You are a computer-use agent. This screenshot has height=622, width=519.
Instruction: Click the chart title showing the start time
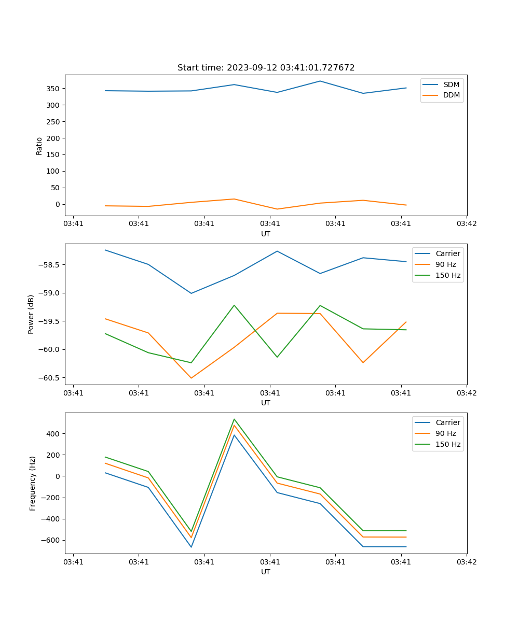[x=266, y=68]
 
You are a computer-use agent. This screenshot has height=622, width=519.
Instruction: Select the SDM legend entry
[x=451, y=84]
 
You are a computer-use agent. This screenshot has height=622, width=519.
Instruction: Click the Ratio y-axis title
[x=39, y=146]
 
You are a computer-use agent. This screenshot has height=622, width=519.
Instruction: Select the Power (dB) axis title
[x=31, y=314]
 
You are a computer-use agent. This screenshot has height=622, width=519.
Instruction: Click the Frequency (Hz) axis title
[x=32, y=483]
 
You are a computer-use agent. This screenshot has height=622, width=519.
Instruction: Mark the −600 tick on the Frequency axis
[x=51, y=540]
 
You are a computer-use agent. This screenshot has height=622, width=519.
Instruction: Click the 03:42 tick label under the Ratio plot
[x=467, y=224]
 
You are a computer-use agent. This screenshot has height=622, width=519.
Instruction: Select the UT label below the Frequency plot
[x=266, y=572]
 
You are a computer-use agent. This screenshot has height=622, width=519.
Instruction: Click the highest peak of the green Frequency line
[x=234, y=419]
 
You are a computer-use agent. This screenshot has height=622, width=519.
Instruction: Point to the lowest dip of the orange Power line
[x=191, y=378]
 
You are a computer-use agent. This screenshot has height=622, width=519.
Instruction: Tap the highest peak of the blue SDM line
[x=320, y=81]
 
